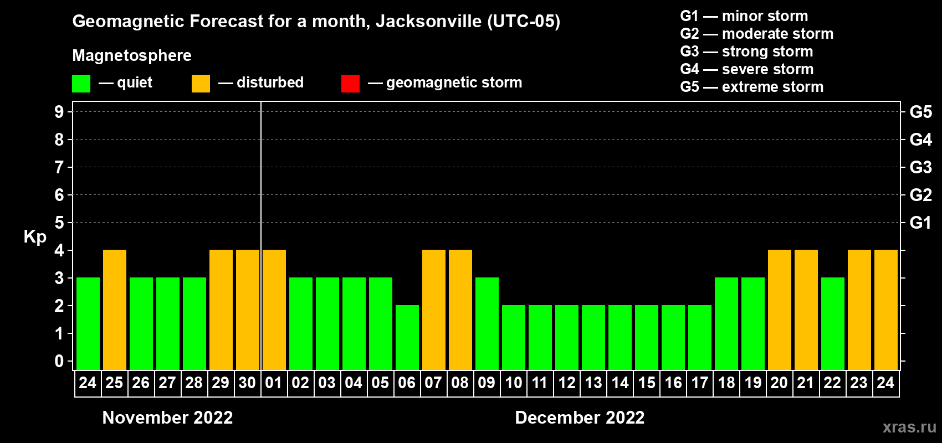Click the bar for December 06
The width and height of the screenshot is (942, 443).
click(x=407, y=337)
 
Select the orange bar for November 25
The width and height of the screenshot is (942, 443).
click(x=115, y=310)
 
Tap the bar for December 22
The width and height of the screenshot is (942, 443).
click(x=833, y=323)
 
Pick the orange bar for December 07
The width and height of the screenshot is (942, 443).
click(x=434, y=310)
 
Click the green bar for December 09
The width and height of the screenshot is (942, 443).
click(x=487, y=323)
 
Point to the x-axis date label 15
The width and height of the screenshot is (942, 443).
click(x=647, y=383)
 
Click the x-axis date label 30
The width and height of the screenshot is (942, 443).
click(x=247, y=383)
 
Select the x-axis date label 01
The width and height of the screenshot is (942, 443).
click(x=274, y=383)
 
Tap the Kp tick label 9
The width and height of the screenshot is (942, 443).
click(x=59, y=112)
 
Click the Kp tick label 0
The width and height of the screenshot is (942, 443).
click(x=59, y=362)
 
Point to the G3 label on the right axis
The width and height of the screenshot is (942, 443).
click(x=920, y=167)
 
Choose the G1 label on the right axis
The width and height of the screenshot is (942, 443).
click(x=920, y=223)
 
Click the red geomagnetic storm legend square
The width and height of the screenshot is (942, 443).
click(x=350, y=84)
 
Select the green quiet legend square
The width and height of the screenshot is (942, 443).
click(x=81, y=84)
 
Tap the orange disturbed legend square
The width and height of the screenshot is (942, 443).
click(x=201, y=84)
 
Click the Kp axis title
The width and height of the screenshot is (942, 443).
click(x=35, y=237)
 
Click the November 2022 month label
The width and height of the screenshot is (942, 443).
click(x=167, y=418)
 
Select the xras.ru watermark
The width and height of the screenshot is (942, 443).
click(x=909, y=427)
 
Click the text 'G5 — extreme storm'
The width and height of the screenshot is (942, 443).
click(x=751, y=87)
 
